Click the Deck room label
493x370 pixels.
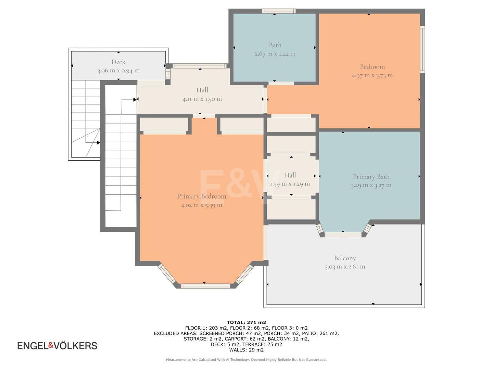(118, 62)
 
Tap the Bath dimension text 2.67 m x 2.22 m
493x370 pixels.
(275, 54)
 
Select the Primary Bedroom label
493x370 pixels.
(201, 196)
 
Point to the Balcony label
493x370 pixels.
(345, 258)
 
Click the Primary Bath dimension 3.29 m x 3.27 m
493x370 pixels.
(371, 185)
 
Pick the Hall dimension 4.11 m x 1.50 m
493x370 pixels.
(202, 99)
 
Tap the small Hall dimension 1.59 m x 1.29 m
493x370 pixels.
(290, 184)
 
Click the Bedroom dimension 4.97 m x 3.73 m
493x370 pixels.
(372, 75)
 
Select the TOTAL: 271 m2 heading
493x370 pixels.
(246, 323)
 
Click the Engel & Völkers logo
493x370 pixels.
(57, 346)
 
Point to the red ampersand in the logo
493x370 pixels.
(51, 345)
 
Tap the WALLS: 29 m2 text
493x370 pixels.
(246, 350)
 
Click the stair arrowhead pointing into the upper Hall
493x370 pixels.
(135, 99)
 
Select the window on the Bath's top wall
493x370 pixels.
(278, 11)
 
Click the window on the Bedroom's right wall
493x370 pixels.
(422, 49)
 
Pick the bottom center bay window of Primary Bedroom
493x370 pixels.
(205, 286)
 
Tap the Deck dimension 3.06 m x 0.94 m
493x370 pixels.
(118, 71)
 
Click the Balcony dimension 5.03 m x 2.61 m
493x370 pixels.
(345, 267)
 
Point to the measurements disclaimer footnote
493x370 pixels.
(246, 360)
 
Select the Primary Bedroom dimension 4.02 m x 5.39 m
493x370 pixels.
(201, 205)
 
